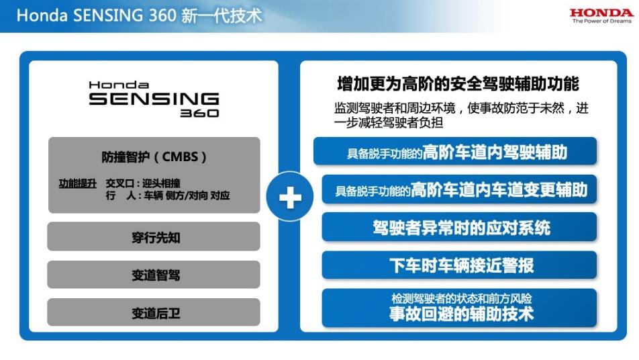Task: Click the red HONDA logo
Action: coord(601,12)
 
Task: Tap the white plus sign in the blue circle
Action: coord(290,198)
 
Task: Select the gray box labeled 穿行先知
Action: coord(154,237)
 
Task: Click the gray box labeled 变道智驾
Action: coord(154,275)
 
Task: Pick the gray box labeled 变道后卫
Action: coord(154,313)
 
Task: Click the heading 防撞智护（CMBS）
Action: coord(154,157)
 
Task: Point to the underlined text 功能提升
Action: coord(78,183)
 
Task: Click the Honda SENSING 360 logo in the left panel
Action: coord(154,99)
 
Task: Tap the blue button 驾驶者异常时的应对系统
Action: coord(460,228)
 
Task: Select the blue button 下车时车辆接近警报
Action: coord(460,265)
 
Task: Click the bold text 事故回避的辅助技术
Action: coord(460,314)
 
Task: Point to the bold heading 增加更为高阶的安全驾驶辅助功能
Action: coord(458,84)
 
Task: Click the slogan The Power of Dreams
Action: coord(601,21)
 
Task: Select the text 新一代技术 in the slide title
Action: coord(222,15)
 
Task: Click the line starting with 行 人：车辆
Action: coord(168,195)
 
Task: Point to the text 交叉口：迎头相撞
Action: coord(143,183)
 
